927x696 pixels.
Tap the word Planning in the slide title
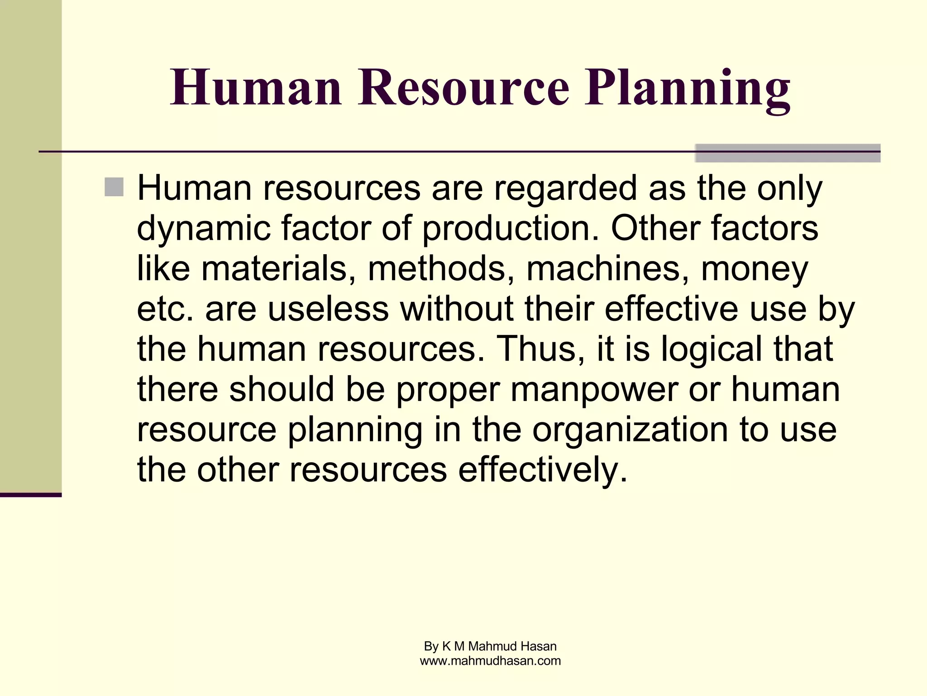tap(687, 89)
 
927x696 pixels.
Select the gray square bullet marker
tap(114, 187)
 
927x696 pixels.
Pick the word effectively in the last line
tap(543, 470)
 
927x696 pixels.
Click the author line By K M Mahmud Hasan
tap(490, 646)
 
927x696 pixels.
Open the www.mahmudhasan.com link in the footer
tap(490, 661)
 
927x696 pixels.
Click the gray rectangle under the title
tap(787, 153)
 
